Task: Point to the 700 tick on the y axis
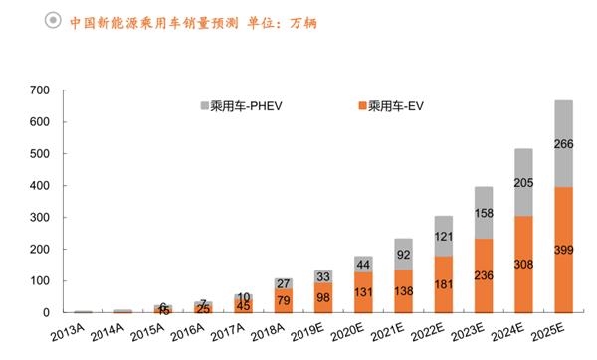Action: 39,90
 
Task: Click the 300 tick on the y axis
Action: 39,218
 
